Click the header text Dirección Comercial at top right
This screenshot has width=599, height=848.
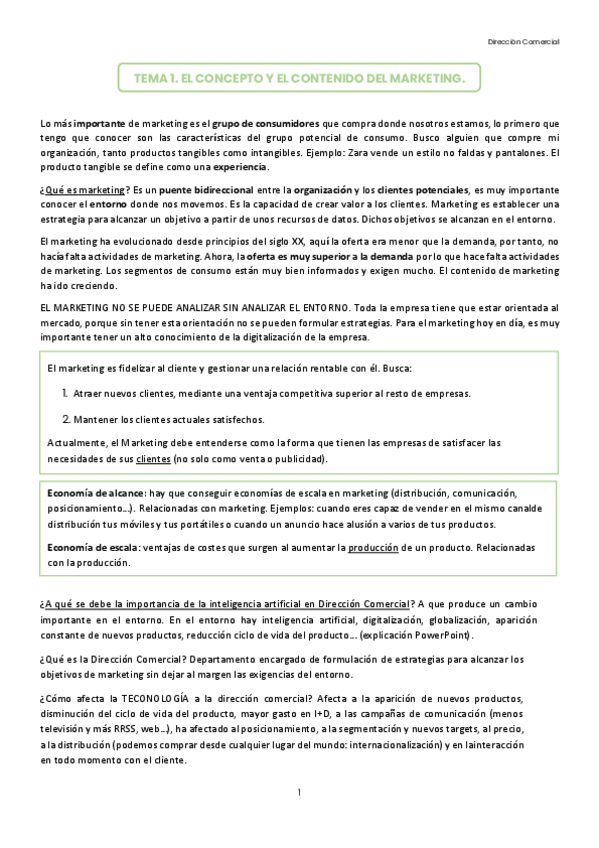523,42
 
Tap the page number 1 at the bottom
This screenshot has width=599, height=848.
299,792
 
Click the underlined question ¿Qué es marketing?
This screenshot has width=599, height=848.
85,190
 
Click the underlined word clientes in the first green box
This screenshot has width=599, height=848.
153,459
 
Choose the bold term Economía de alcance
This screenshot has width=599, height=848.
96,493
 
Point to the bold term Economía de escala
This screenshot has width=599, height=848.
93,548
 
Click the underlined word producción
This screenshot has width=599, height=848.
374,548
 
